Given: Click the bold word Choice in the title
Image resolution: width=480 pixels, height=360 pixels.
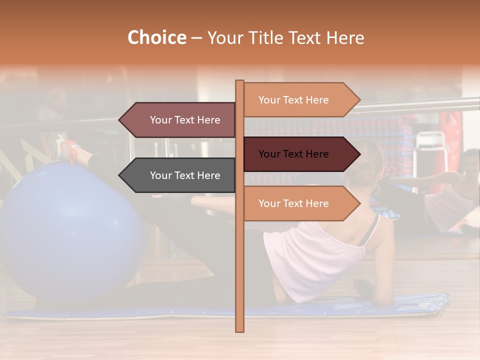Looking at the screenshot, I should click(x=156, y=38).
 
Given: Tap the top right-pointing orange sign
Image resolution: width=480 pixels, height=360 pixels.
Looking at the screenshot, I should click(x=300, y=100).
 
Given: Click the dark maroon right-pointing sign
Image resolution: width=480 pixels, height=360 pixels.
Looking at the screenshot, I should click(x=300, y=154).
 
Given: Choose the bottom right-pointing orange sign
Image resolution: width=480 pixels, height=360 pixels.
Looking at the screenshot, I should click(x=300, y=203).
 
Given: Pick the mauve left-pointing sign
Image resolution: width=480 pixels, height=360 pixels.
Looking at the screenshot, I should click(x=180, y=120).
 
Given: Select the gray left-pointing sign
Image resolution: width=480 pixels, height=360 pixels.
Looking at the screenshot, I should click(x=180, y=175).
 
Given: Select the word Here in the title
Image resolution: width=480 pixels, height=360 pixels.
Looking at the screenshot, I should click(x=345, y=38).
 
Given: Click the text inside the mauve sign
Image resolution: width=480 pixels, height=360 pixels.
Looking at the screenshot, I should click(x=185, y=120).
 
